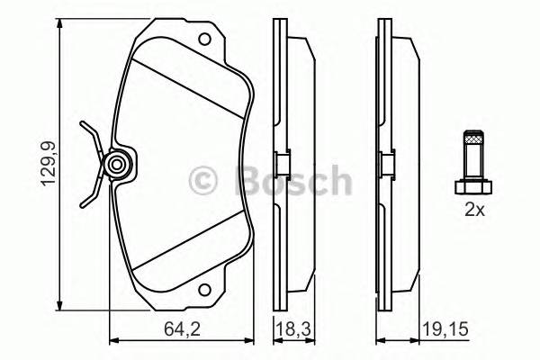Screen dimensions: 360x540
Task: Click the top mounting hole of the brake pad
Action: [x=206, y=40]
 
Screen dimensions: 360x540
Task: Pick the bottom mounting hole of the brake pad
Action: [x=206, y=291]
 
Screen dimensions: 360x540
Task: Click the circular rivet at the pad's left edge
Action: [x=115, y=165]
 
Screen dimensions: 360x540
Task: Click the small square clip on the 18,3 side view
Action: [x=281, y=165]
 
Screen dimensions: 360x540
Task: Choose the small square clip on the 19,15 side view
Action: [x=384, y=165]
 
